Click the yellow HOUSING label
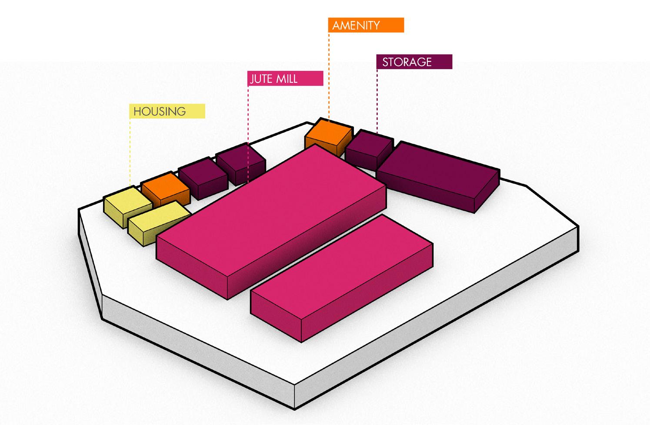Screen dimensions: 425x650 (x=167, y=111)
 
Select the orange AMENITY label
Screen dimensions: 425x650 (x=366, y=25)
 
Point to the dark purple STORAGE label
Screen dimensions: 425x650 (x=414, y=62)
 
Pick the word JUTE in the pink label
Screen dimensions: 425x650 (x=260, y=79)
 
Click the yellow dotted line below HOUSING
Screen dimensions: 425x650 (x=130, y=152)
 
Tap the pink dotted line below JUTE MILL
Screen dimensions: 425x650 (x=248, y=113)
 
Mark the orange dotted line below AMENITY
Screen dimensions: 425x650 (x=329, y=74)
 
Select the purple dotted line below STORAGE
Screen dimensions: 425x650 (x=377, y=100)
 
